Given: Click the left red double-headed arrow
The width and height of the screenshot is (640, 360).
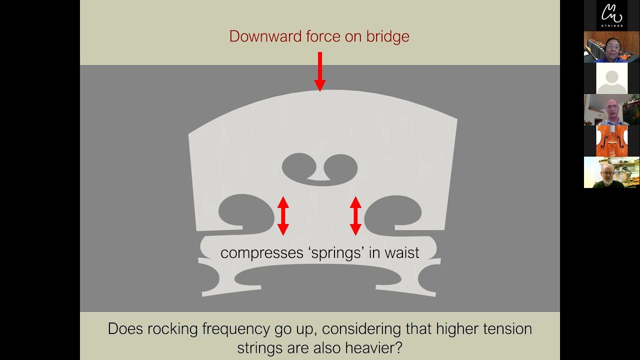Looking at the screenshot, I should coord(283,215).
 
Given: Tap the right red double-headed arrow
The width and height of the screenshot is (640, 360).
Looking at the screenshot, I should coord(355,215).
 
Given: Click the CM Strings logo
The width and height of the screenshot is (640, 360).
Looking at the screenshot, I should coord(611,15).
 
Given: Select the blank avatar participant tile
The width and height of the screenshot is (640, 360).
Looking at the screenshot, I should coord(611,78).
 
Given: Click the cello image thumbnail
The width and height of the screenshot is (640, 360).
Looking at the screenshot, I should coord(611,140).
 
